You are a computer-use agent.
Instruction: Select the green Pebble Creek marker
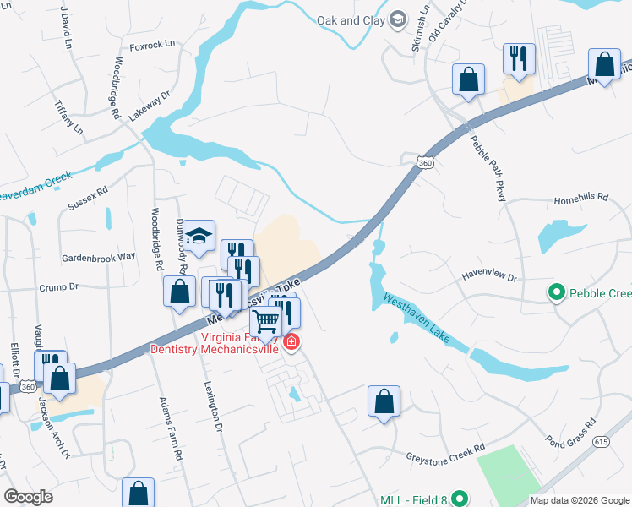pos(557,293)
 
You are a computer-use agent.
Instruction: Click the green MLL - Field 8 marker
pos(460,499)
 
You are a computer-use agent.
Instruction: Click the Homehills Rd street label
pos(580,198)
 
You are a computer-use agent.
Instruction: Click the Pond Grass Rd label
pos(571,432)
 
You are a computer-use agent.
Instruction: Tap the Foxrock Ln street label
pos(152,43)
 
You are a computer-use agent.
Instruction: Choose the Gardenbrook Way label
pos(98,256)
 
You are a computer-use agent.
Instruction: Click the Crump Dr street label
pos(58,287)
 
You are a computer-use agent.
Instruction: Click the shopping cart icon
pos(265,321)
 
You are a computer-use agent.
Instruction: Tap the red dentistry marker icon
pos(291,341)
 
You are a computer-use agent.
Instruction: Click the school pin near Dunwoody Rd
pos(199,237)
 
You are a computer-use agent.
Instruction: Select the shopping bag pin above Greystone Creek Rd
pos(384,401)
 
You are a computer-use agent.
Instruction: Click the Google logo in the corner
pos(28,497)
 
